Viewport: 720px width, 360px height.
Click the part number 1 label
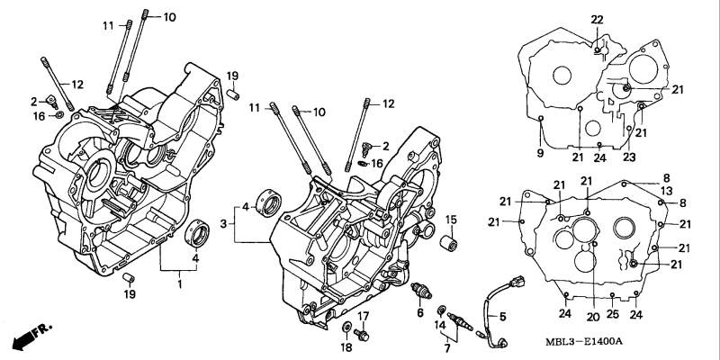pos(179,284)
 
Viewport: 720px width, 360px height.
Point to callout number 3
pos(223,224)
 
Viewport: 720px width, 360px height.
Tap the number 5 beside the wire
pos(503,317)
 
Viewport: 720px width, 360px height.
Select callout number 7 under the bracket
pos(447,348)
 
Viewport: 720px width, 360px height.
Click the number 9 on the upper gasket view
pos(540,153)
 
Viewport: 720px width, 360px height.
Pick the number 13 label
pos(667,191)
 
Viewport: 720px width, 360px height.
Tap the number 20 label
pos(593,317)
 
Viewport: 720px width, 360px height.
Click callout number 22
pos(597,20)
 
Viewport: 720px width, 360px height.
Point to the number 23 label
pos(629,157)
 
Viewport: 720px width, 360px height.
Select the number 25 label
pos(613,314)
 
